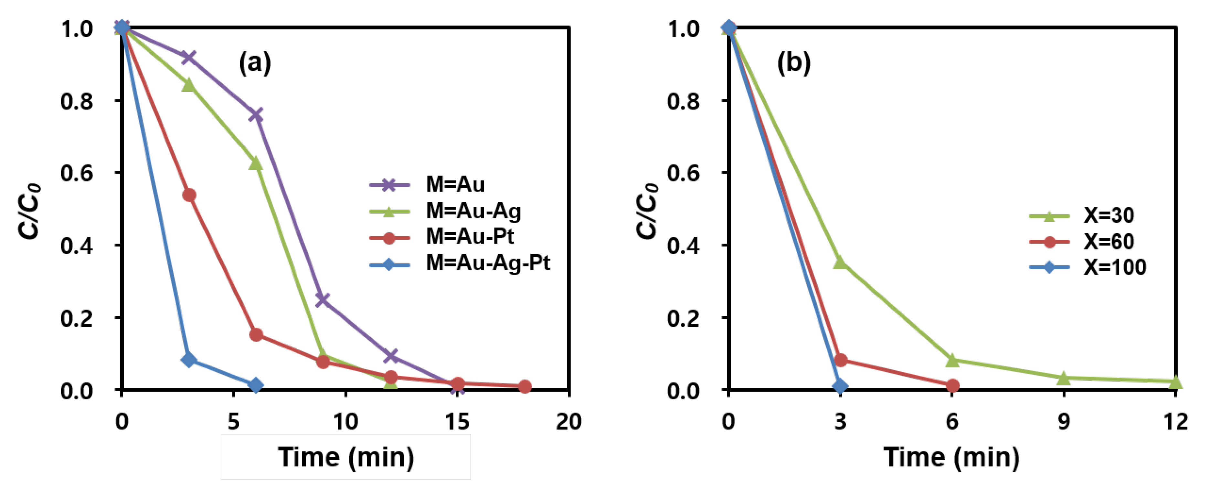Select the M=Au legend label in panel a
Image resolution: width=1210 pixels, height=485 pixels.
point(455,184)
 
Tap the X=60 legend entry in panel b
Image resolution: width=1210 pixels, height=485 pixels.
point(1109,241)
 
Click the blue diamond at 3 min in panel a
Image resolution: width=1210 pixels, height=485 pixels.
point(189,360)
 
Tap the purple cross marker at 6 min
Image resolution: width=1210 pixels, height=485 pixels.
point(256,115)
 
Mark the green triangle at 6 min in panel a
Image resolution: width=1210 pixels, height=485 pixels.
point(256,163)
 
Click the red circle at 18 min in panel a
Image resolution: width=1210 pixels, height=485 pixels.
point(525,386)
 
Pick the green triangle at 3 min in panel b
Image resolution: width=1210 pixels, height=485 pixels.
point(840,262)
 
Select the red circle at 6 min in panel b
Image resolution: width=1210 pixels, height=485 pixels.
point(952,385)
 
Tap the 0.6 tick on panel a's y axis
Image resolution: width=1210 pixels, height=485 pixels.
point(76,173)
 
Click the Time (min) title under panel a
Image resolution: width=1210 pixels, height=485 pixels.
point(346,457)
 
